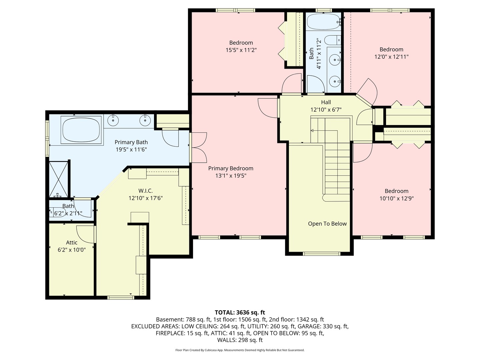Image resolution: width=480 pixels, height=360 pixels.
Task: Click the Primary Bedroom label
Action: coord(231,168)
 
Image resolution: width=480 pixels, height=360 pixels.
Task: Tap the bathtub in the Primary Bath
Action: coord(81,130)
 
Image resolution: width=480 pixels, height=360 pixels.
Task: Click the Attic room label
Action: coord(72,243)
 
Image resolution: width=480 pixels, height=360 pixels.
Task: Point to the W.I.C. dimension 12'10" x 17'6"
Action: coord(146,198)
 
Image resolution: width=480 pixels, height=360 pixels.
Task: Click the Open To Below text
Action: coord(327,224)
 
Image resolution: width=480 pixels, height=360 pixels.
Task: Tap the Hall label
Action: coord(326,102)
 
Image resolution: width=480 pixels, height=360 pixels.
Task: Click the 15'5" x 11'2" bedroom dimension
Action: coord(241,50)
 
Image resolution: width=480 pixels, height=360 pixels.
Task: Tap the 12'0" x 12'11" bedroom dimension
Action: coord(391,57)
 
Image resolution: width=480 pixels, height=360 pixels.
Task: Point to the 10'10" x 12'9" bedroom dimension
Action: coord(396,198)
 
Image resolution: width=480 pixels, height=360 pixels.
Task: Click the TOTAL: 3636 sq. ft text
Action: coord(240,312)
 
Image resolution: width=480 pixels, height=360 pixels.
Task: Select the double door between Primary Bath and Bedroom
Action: coord(199,147)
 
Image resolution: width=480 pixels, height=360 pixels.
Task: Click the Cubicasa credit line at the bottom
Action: coord(240,350)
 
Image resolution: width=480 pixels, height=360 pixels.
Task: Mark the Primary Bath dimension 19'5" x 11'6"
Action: coord(131,150)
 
